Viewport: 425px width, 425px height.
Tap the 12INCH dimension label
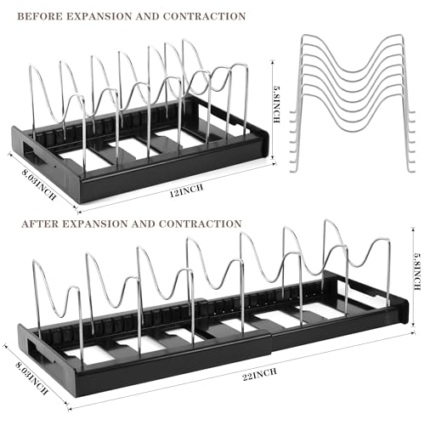187,191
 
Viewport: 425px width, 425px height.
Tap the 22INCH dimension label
260,374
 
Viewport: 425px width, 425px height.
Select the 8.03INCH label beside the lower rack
31,378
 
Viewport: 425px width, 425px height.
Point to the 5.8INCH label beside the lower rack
417,271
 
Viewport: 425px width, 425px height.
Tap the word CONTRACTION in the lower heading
200,224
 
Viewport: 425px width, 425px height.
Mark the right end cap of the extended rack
403,311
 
